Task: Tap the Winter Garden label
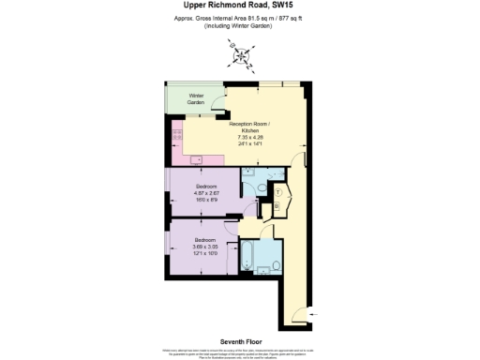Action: pos(196,98)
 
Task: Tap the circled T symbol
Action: pos(277,190)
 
